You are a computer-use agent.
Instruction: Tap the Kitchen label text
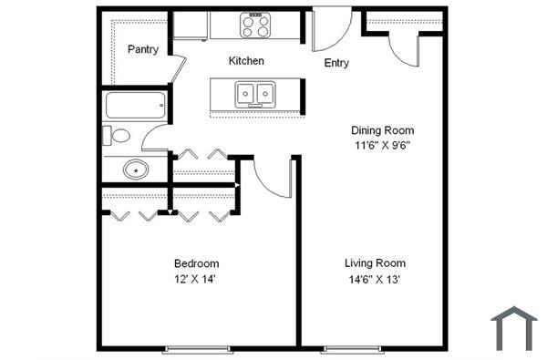point(246,61)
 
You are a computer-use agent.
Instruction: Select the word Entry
point(336,63)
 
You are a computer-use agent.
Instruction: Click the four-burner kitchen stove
point(255,26)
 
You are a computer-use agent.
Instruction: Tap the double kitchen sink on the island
point(256,93)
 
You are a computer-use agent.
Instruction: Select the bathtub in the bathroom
point(137,105)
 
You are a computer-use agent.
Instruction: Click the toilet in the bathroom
point(119,137)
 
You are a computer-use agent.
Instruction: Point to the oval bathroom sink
point(136,169)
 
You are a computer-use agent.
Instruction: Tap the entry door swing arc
point(326,35)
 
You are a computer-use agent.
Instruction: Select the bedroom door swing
point(272,179)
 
